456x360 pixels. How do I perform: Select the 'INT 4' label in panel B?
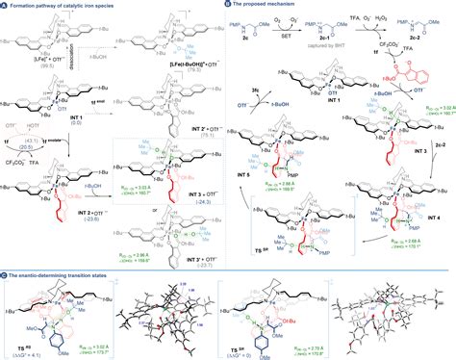pyautogui.click(x=429, y=191)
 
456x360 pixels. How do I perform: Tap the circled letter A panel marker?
pyautogui.click(x=5, y=5)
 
